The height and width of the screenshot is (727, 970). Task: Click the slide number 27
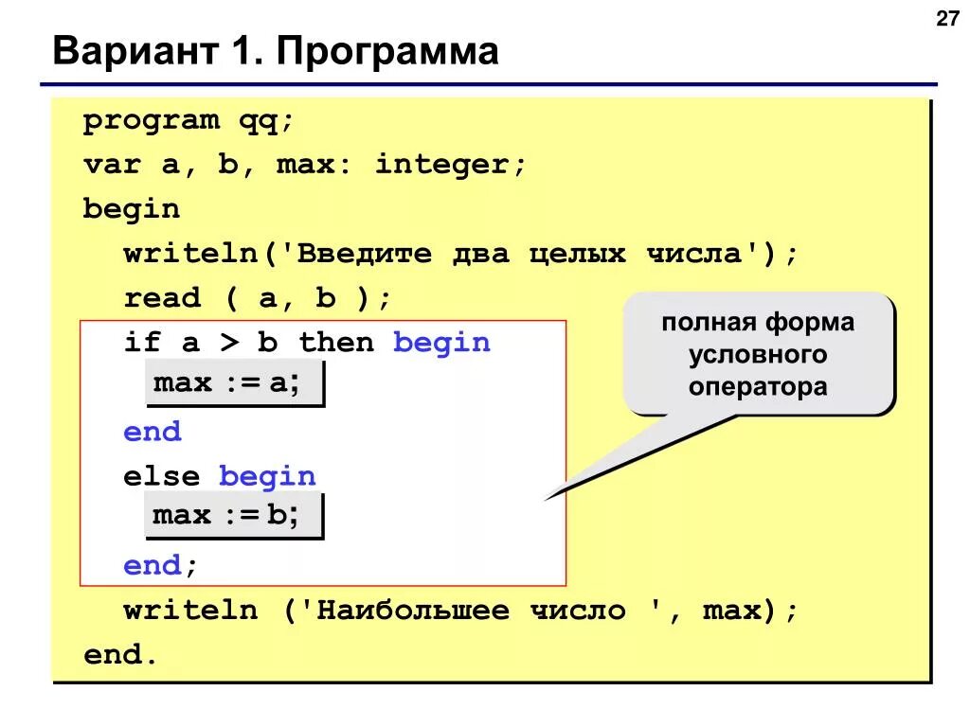pos(948,19)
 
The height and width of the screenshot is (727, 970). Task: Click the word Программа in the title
pos(387,51)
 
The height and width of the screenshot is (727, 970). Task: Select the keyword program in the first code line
pos(150,121)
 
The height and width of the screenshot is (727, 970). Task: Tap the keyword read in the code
pos(162,298)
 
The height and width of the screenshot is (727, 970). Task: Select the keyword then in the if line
pos(337,342)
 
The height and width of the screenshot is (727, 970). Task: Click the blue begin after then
pos(442,342)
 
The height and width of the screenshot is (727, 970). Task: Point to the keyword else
pos(162,475)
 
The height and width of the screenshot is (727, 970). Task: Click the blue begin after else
pos(268,475)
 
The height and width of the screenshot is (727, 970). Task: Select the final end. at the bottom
pos(119,654)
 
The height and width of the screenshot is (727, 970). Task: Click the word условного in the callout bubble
pos(758,355)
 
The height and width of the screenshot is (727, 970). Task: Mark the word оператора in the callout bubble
pos(758,386)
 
